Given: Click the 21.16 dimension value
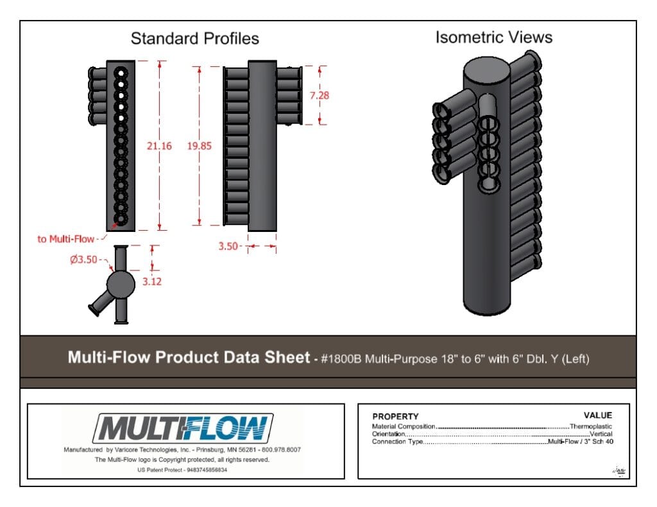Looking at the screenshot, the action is (159, 146).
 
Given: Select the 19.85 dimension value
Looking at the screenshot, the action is (200, 146).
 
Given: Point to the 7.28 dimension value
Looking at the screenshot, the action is (320, 96).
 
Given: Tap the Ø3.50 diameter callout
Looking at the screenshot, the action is (83, 260).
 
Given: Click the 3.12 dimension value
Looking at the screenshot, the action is (151, 281).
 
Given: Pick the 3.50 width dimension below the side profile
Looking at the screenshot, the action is (228, 246).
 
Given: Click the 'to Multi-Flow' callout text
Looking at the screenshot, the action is (66, 239).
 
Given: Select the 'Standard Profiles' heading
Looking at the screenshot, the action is (195, 39).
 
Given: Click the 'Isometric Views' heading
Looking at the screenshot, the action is (494, 37).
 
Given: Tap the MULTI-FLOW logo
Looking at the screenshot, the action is (183, 428).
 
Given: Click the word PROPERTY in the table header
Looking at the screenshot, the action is (395, 416).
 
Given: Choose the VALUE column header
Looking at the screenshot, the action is (598, 416).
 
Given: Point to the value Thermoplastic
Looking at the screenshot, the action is (591, 427).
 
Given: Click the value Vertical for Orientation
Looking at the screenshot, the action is (601, 434).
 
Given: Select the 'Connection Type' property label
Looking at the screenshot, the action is (397, 441).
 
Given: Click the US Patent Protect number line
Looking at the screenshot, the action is (182, 470).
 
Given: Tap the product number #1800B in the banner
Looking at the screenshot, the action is (341, 359).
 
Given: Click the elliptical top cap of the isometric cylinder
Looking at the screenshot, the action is (487, 71).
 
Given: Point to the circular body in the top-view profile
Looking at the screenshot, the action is (121, 285).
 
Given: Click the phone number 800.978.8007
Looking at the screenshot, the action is (281, 450).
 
